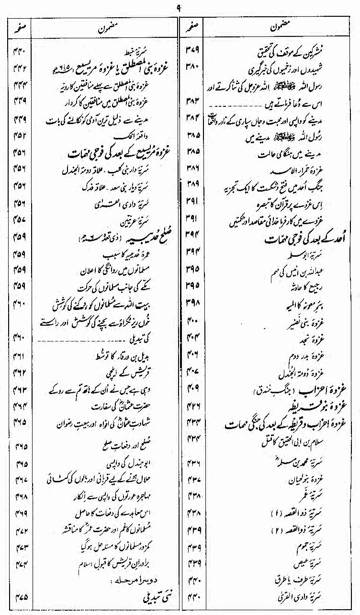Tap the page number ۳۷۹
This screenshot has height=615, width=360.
[x=191, y=49]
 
